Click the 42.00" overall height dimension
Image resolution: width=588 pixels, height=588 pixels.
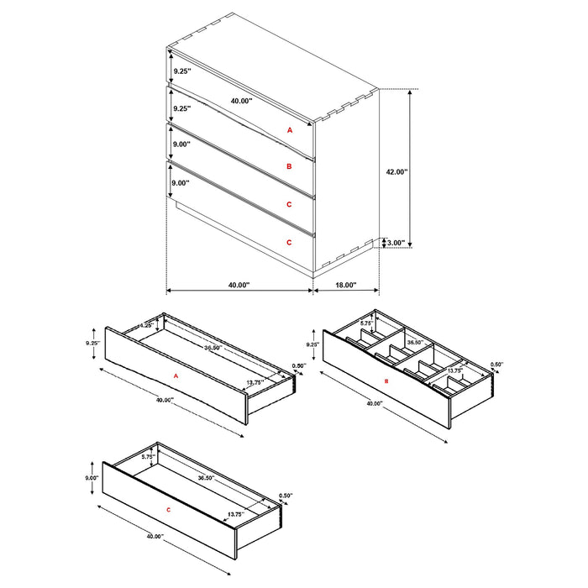click(x=396, y=171)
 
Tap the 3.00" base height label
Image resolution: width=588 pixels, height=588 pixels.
click(x=395, y=244)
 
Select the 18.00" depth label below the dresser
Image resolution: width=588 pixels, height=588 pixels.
click(x=345, y=286)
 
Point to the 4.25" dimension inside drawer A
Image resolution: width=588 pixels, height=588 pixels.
click(x=144, y=325)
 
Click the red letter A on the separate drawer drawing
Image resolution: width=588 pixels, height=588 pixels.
click(x=176, y=377)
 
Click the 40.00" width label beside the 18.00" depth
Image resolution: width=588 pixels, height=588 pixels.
click(x=239, y=286)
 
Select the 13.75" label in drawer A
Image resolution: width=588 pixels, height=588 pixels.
click(x=256, y=382)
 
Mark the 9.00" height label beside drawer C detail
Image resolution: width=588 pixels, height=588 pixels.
click(x=91, y=478)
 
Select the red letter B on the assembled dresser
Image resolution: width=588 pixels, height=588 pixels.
click(x=289, y=167)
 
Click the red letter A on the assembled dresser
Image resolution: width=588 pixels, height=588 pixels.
click(x=289, y=130)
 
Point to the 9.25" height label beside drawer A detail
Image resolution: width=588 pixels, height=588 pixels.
click(x=92, y=344)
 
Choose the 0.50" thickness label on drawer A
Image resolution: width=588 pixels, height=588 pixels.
click(x=297, y=366)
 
